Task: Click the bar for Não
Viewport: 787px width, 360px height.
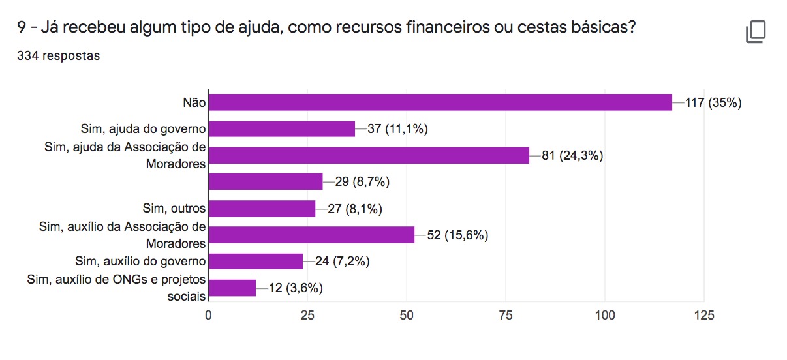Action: tap(440, 102)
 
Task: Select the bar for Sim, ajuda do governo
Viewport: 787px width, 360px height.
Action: tap(281, 128)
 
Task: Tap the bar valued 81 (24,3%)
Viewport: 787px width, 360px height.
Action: tap(369, 155)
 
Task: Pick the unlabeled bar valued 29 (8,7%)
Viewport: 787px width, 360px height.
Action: tap(265, 182)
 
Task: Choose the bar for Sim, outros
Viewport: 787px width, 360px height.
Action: tap(262, 209)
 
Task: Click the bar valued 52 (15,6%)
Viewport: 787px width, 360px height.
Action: tap(311, 235)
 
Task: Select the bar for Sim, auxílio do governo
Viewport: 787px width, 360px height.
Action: tap(256, 262)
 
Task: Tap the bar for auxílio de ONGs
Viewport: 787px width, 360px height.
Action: tap(232, 288)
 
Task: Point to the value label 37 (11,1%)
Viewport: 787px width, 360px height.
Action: tap(397, 129)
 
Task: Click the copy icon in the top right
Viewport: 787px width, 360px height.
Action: tap(756, 32)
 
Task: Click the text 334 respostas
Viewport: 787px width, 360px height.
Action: tap(59, 56)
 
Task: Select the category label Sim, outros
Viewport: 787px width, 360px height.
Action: tap(174, 209)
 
